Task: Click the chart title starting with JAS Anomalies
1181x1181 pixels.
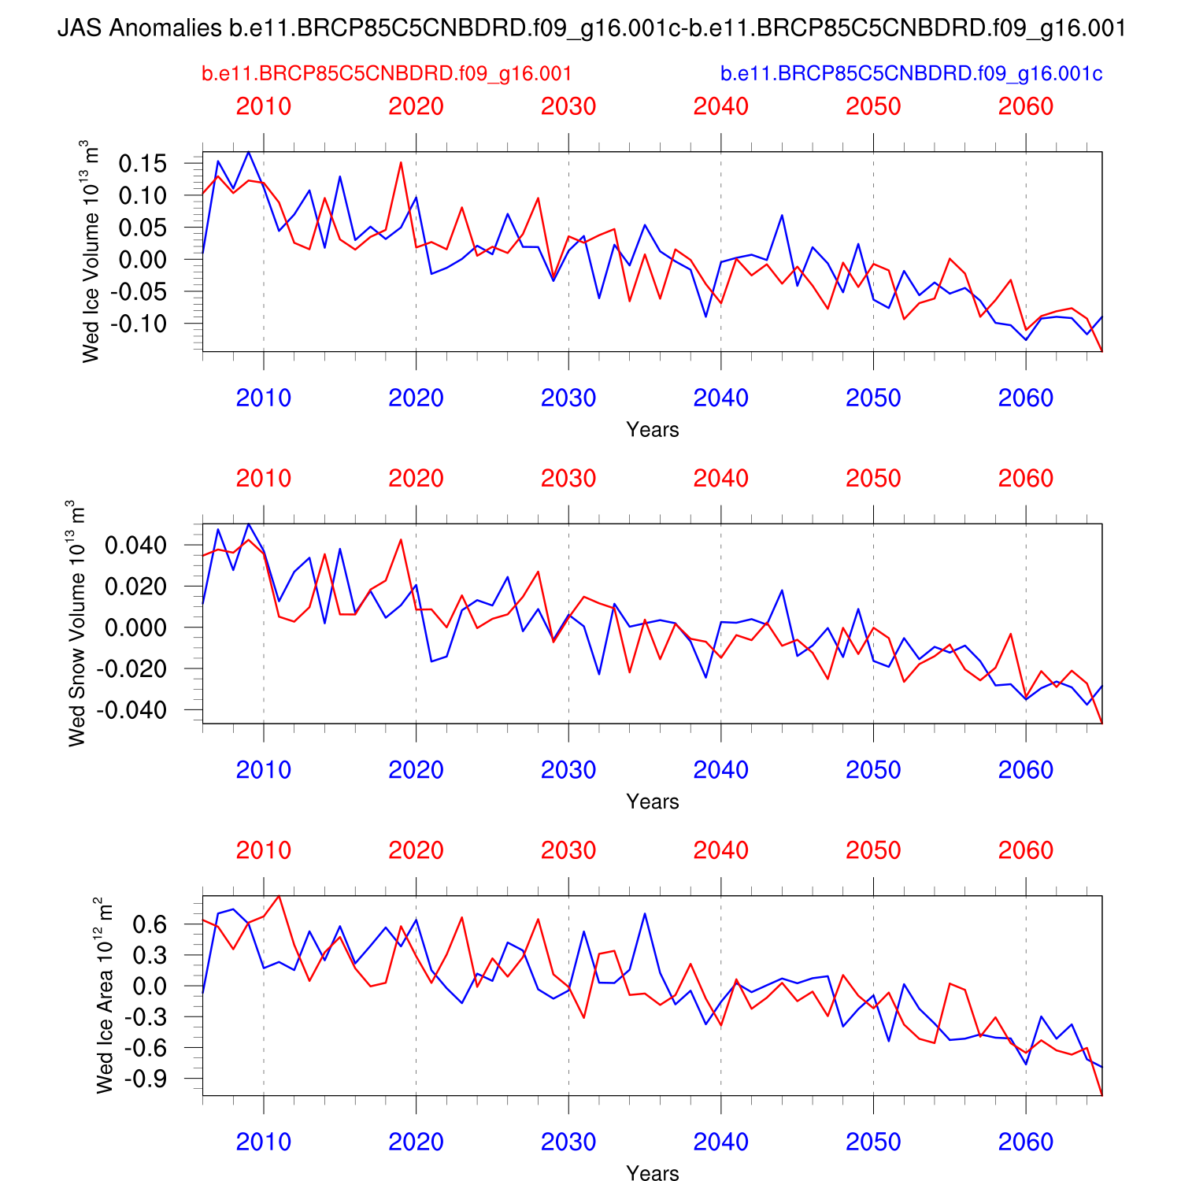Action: pyautogui.click(x=591, y=29)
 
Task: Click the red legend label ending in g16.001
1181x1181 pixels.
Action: pyautogui.click(x=387, y=74)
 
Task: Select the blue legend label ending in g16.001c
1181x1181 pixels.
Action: pyautogui.click(x=911, y=74)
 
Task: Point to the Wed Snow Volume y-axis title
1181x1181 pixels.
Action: pyautogui.click(x=76, y=624)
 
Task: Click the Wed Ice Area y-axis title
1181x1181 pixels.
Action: pyautogui.click(x=104, y=995)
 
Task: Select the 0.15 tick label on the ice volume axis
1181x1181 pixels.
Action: pyautogui.click(x=143, y=164)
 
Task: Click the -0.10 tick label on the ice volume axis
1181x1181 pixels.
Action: pyautogui.click(x=139, y=324)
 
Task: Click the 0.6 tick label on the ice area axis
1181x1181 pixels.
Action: pyautogui.click(x=150, y=924)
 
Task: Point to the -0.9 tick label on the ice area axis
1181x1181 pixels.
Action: pyautogui.click(x=146, y=1079)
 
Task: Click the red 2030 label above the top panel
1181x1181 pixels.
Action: pyautogui.click(x=568, y=106)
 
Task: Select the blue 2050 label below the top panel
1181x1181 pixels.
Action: pyautogui.click(x=873, y=398)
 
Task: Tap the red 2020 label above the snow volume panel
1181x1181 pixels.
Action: pyautogui.click(x=416, y=478)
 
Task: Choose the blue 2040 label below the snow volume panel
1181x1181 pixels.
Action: pyautogui.click(x=720, y=770)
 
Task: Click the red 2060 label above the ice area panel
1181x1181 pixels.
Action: pyautogui.click(x=1025, y=850)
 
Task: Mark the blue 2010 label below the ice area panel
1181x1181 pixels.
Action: pyautogui.click(x=264, y=1142)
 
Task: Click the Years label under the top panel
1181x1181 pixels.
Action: pyautogui.click(x=652, y=430)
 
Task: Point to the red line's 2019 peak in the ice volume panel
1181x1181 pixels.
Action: pyautogui.click(x=401, y=162)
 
